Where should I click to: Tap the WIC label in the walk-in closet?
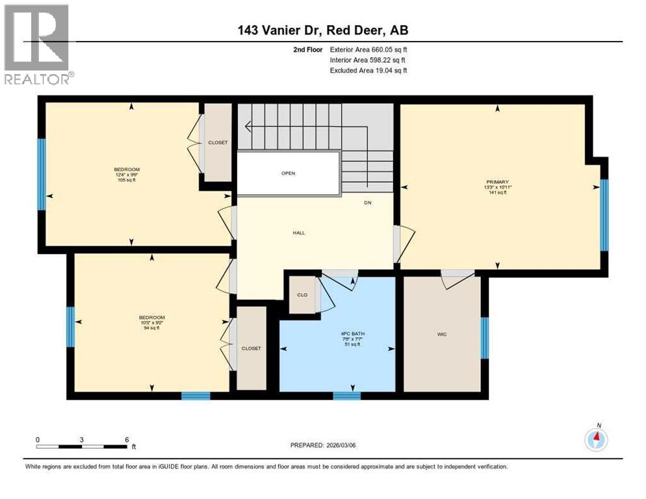442,334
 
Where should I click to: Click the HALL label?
298,233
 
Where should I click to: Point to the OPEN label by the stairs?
289,173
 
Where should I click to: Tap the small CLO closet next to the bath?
302,295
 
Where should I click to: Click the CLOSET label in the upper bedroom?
218,142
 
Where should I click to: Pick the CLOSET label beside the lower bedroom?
251,348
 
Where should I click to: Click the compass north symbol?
596,439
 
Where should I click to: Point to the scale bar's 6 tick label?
126,439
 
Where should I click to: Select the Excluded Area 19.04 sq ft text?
368,70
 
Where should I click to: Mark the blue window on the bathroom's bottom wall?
346,396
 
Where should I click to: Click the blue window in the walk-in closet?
484,338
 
